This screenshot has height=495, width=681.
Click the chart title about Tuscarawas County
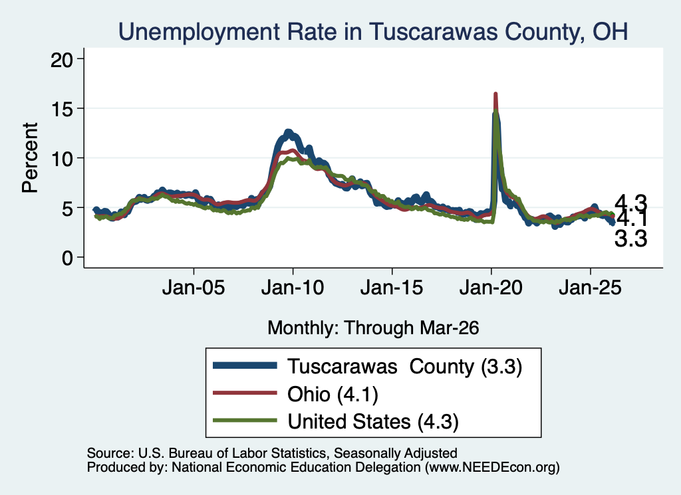[373, 32]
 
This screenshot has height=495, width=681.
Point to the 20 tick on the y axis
[62, 59]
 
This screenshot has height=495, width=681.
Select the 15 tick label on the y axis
[62, 108]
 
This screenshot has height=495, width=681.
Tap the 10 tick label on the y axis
[62, 158]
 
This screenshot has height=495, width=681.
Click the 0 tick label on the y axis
[67, 258]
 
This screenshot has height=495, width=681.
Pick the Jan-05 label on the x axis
[194, 288]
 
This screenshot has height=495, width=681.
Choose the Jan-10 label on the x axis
[293, 288]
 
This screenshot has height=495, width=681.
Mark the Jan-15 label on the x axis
[392, 288]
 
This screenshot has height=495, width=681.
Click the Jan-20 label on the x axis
[491, 288]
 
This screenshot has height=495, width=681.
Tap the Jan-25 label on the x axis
[591, 288]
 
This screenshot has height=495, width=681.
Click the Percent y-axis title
[30, 157]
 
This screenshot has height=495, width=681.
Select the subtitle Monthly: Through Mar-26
[373, 328]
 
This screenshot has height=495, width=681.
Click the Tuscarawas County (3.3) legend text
[404, 367]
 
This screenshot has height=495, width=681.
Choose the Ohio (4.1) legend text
[333, 395]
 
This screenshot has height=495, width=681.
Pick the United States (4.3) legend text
[373, 422]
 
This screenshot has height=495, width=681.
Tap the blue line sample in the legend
[245, 365]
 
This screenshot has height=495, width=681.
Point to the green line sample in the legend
[245, 420]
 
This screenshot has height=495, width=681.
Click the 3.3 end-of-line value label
[630, 239]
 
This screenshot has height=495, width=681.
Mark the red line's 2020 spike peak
[495, 94]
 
